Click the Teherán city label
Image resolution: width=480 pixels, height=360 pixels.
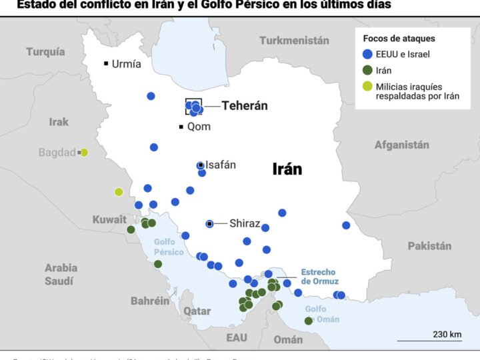coord(245,106)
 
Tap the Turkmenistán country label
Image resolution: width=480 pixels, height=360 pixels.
coord(294,41)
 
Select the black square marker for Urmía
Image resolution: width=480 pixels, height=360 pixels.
coord(106,64)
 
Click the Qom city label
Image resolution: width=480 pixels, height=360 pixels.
coord(199,127)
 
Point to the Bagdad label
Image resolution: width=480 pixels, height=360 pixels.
coord(57,153)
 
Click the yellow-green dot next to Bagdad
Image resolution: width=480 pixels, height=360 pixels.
coord(85,153)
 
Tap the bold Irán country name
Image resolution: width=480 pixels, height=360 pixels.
coord(287,169)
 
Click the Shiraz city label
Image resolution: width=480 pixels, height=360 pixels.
coord(245,224)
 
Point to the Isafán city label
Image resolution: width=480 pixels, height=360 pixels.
coord(221,165)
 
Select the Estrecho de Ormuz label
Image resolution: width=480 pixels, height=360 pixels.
coord(318,277)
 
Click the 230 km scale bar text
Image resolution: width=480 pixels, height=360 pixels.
coord(447,334)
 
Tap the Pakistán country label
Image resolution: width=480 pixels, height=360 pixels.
coord(429,246)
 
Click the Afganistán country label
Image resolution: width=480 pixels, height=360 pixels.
coord(401,145)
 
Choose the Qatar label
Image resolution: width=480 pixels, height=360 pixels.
coord(197,311)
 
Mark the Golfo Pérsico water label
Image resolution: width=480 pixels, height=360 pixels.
coord(169,247)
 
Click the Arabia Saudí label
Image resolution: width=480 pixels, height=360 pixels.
coord(61,274)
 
